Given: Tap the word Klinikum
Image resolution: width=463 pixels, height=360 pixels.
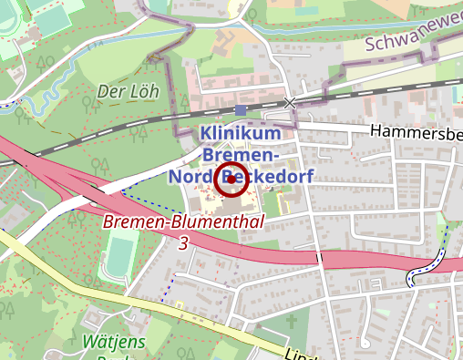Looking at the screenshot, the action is click(x=240, y=133).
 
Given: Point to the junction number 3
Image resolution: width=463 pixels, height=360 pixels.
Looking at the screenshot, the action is click(x=184, y=243).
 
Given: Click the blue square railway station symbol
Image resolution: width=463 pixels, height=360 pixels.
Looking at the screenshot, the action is click(x=240, y=110).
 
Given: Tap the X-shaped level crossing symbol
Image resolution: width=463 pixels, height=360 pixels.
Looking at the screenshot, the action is click(x=290, y=103).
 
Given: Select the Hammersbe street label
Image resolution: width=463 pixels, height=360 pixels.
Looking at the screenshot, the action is click(x=416, y=133).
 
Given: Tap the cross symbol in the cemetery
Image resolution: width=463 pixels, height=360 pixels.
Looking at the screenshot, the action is click(x=293, y=321).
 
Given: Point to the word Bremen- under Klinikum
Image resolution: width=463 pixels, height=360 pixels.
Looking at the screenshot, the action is click(x=241, y=154).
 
